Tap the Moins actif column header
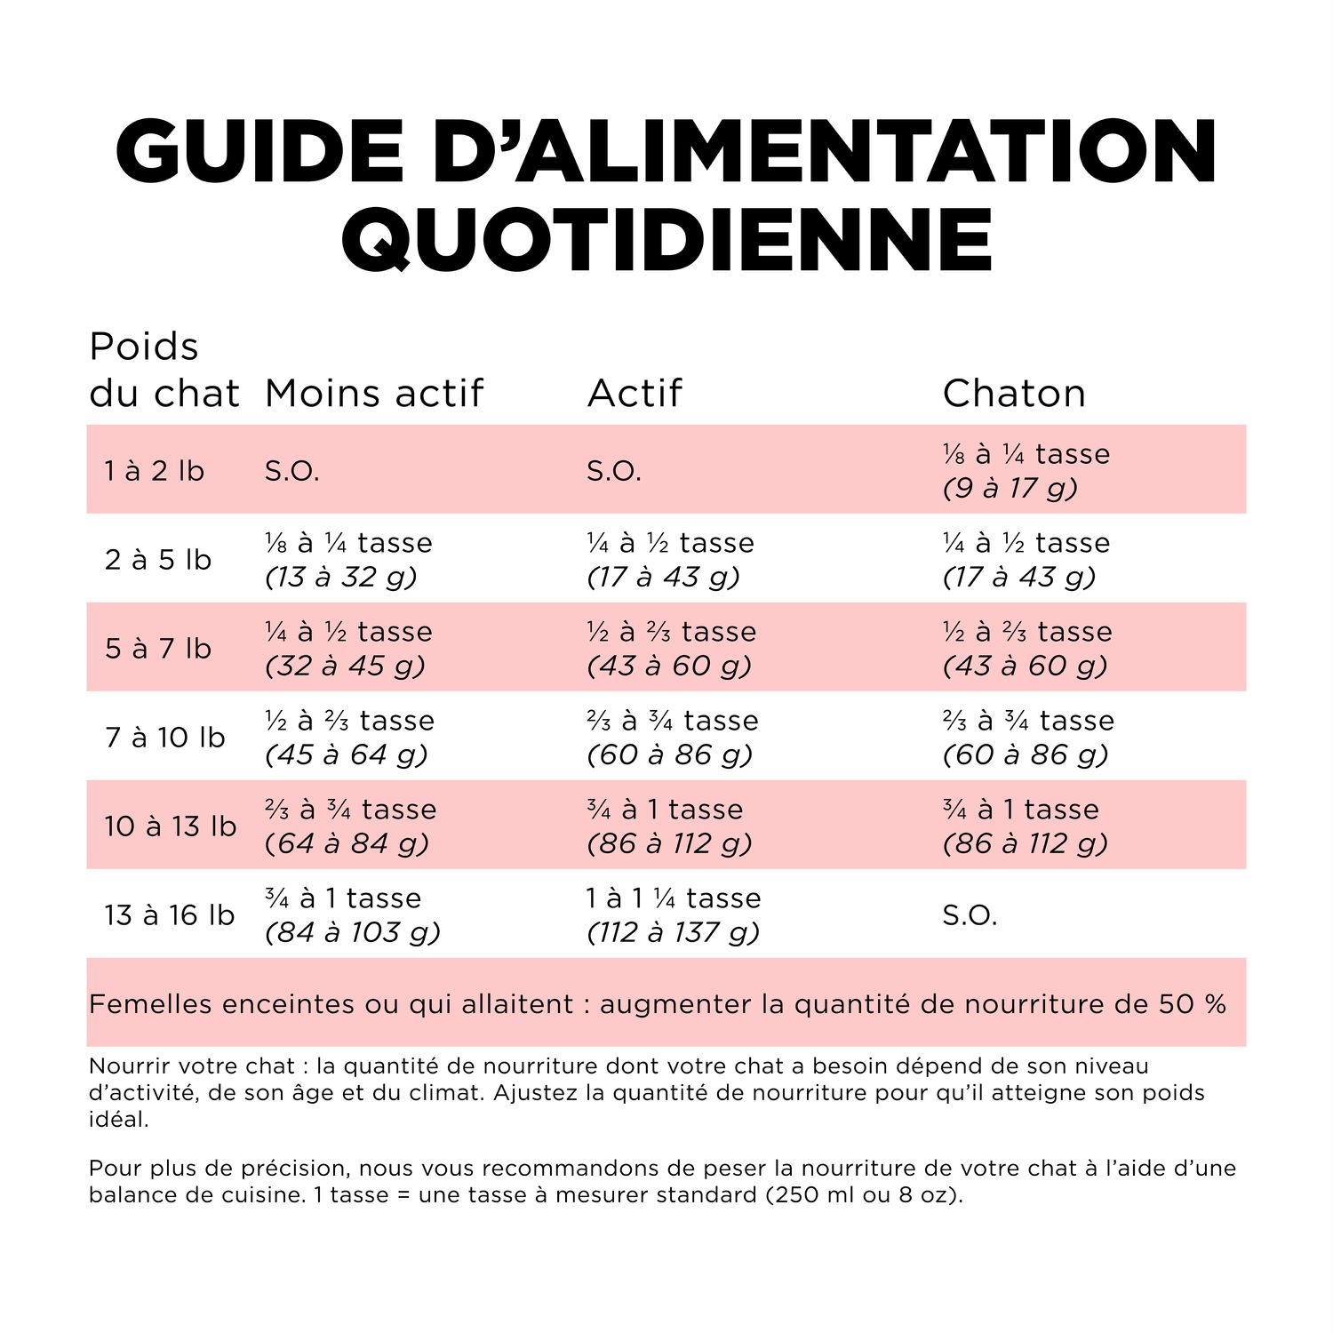coord(374,393)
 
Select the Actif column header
coord(635,393)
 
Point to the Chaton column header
coord(1014,393)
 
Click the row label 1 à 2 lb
coord(155,470)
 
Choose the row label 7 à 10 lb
coord(165,737)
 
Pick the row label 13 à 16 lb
coord(170,914)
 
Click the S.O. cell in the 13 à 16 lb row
coord(970,914)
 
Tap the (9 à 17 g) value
coord(1010,488)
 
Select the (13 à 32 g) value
coord(341,577)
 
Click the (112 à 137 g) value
coord(674,932)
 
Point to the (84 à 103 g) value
coord(353,932)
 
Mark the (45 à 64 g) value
coord(347,754)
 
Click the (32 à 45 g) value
coord(345,666)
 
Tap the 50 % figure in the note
coord(1193,1004)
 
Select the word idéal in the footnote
coord(118,1119)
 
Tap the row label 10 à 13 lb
coord(171,826)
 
